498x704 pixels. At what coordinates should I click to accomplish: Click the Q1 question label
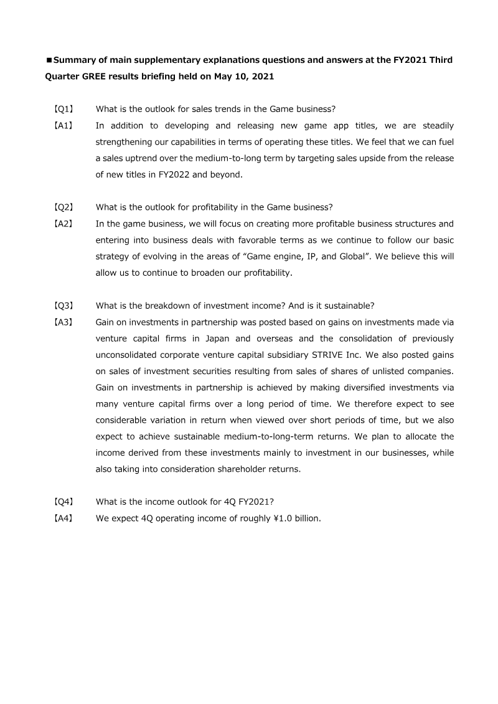point(63,109)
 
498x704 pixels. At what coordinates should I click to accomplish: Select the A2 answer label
point(63,223)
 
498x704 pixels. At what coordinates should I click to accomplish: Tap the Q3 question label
point(63,306)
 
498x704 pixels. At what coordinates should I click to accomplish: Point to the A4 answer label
point(63,518)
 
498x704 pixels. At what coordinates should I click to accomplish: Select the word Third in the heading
point(439,60)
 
